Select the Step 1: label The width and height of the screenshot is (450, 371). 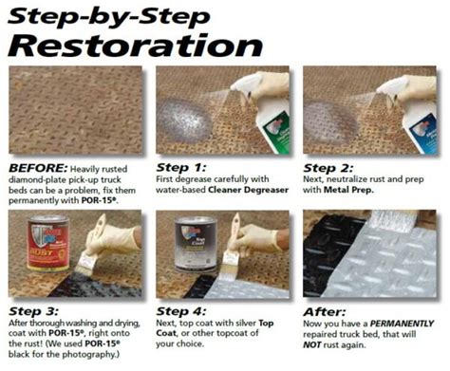(x=180, y=162)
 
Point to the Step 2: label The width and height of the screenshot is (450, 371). (x=327, y=162)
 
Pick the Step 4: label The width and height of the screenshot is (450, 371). (x=180, y=310)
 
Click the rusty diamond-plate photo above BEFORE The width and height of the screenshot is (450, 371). (x=75, y=110)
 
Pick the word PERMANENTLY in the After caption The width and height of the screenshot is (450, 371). (x=399, y=325)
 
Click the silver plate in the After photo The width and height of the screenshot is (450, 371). (x=399, y=256)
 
